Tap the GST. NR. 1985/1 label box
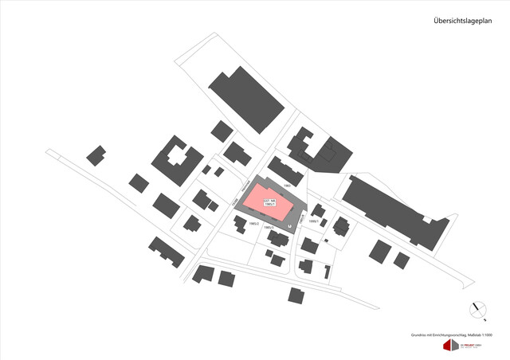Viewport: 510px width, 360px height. coord(269,202)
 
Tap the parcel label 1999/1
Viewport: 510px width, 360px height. coord(314,221)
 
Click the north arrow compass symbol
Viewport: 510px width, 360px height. coord(477,308)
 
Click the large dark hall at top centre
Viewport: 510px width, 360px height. coord(247,100)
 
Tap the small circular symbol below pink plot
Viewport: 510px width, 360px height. coord(289,225)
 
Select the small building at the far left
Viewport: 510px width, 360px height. coord(96,155)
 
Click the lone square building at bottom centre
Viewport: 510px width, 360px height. coord(296,295)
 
